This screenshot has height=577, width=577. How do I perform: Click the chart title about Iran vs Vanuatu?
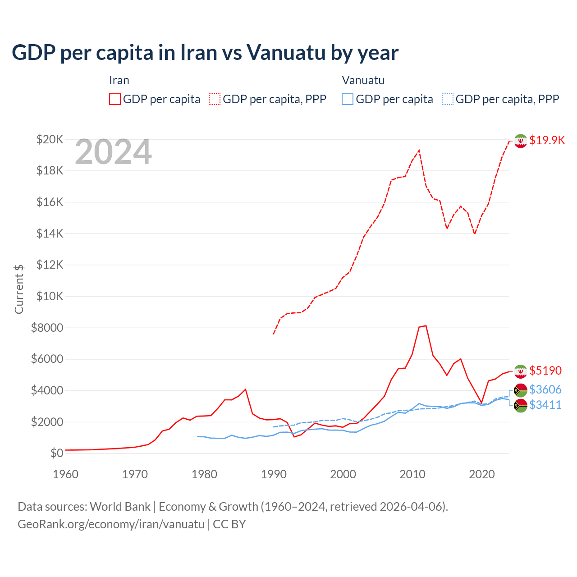point(205,53)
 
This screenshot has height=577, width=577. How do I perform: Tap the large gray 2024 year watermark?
point(113,152)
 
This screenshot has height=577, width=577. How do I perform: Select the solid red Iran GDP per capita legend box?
point(115,99)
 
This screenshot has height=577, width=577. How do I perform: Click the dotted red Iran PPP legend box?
point(215,99)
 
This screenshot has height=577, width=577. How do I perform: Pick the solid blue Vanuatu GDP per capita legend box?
point(348,99)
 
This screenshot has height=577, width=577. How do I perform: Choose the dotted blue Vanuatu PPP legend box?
point(448,99)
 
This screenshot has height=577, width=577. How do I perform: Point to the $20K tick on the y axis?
point(50,139)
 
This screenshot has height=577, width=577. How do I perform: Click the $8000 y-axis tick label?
point(47,328)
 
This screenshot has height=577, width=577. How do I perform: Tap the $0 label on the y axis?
point(56,453)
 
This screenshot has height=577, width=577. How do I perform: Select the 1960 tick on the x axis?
point(65,474)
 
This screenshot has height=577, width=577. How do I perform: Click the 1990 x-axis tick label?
point(274,474)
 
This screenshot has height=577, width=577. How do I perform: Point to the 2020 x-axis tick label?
point(482,474)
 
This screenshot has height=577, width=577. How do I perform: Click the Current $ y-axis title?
point(19,289)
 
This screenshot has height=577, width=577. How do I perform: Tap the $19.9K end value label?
point(547,140)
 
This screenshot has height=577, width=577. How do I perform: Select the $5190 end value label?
point(545,371)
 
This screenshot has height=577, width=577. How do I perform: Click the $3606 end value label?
point(545,389)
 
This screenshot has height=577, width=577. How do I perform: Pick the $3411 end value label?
point(545,405)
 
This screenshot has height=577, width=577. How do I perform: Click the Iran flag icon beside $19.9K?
point(521,141)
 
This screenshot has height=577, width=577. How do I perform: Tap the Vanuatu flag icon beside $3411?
point(521,405)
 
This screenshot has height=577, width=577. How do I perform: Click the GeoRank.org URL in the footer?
point(111,524)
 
